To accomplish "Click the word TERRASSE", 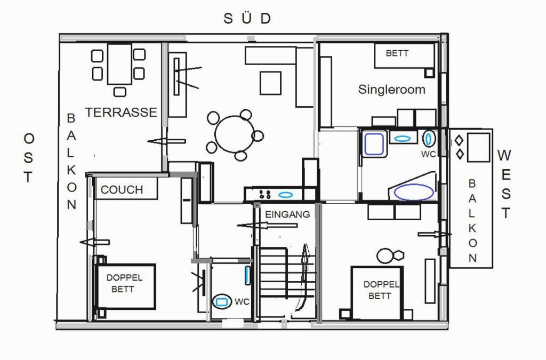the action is click(121, 112).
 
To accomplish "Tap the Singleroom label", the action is click(392, 90).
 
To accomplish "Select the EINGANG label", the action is click(287, 214).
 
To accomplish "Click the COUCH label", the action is click(122, 190).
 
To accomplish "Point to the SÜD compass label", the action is click(247, 19).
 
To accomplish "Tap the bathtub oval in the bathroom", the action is click(414, 192).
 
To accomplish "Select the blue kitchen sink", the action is click(286, 195).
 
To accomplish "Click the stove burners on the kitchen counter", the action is click(264, 194).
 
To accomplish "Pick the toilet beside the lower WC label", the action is click(222, 301).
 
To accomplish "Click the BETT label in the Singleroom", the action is click(397, 53).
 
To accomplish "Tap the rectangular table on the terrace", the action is click(120, 63).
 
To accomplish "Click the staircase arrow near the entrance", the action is click(302, 277).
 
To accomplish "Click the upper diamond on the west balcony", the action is click(459, 141).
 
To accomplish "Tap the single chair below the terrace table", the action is click(120, 92).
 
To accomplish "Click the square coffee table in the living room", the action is click(270, 83).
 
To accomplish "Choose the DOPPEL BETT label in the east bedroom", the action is click(124, 283).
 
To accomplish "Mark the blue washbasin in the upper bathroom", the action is click(403, 139).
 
